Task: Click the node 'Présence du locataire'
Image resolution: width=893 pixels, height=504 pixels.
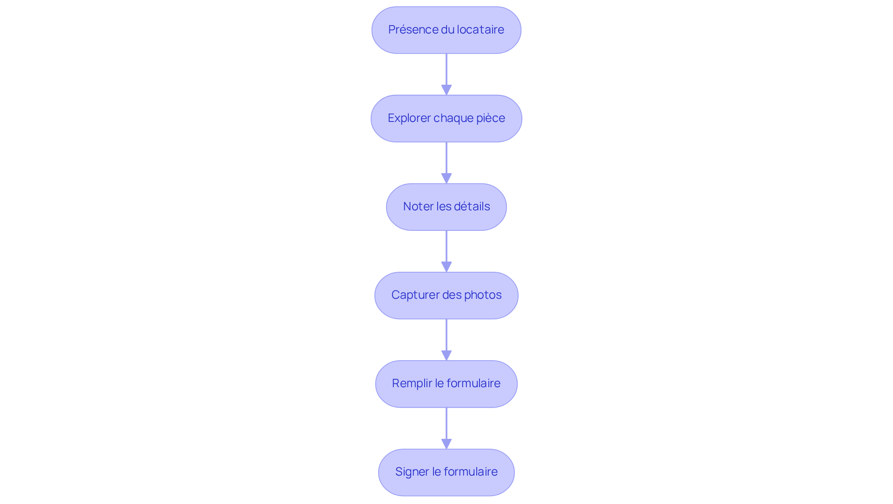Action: tap(446, 30)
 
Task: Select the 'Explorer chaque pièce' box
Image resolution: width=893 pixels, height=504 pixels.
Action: tap(446, 118)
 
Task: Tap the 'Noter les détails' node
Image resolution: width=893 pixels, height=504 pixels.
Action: tap(446, 207)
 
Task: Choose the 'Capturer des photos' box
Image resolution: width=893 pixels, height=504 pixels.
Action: tap(446, 295)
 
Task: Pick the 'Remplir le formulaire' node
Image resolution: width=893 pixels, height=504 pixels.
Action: tap(446, 383)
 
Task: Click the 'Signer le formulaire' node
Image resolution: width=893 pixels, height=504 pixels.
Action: tap(446, 472)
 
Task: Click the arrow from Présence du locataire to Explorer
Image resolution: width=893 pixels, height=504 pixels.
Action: tap(446, 74)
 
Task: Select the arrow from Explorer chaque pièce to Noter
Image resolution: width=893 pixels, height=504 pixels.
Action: tap(446, 163)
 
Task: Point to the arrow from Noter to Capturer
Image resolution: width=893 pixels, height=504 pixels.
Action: tap(446, 251)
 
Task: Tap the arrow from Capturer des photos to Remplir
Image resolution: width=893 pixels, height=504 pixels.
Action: tap(446, 340)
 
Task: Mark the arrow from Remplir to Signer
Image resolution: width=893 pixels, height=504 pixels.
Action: tap(446, 428)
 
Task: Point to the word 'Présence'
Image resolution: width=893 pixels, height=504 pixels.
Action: tap(413, 30)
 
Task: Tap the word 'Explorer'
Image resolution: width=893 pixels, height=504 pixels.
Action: tap(409, 118)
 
